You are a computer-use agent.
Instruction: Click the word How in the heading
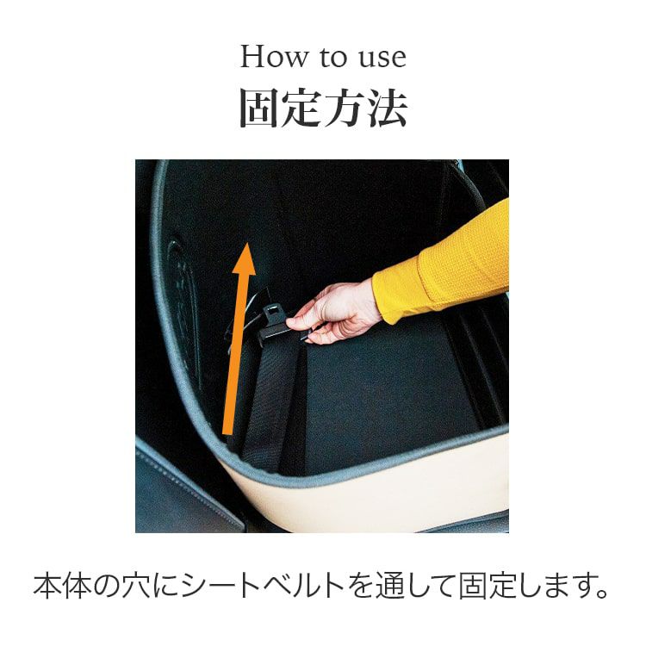pyautogui.click(x=273, y=57)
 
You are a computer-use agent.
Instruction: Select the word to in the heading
pyautogui.click(x=332, y=58)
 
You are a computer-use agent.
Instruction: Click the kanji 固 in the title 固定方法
pyautogui.click(x=259, y=109)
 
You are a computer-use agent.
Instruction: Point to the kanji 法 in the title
pyautogui.click(x=388, y=109)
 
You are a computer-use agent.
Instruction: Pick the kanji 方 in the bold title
pyautogui.click(x=345, y=109)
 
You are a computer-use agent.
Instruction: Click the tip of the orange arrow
pyautogui.click(x=246, y=244)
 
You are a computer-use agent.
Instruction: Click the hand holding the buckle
pyautogui.click(x=333, y=312)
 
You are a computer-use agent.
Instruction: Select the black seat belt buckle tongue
pyautogui.click(x=276, y=320)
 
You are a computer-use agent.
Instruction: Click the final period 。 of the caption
pyautogui.click(x=602, y=593)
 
